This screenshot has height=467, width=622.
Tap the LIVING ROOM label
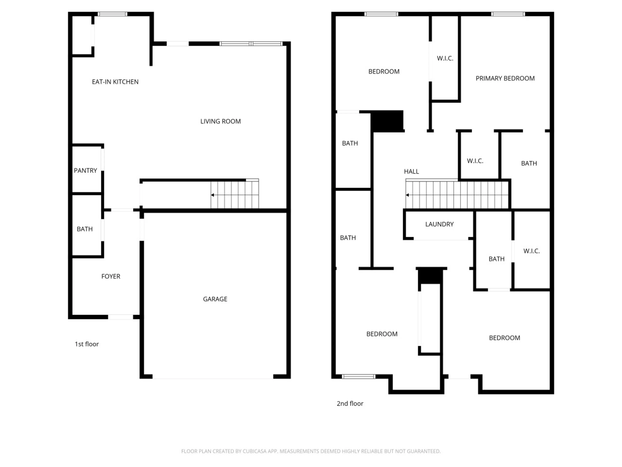(x=220, y=121)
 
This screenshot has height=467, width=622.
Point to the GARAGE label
(x=215, y=299)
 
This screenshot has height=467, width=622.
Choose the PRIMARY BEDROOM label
(x=505, y=78)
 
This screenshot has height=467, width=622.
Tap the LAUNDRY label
(x=439, y=224)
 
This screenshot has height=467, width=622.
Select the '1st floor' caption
(x=87, y=344)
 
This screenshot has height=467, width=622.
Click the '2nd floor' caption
(x=350, y=403)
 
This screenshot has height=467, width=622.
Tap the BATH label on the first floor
(x=85, y=229)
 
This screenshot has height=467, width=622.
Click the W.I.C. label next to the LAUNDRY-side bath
(x=531, y=251)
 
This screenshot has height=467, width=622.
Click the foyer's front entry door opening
(x=121, y=317)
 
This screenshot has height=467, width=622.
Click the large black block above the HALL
(x=387, y=121)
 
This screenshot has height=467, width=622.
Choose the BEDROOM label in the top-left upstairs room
(x=384, y=72)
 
